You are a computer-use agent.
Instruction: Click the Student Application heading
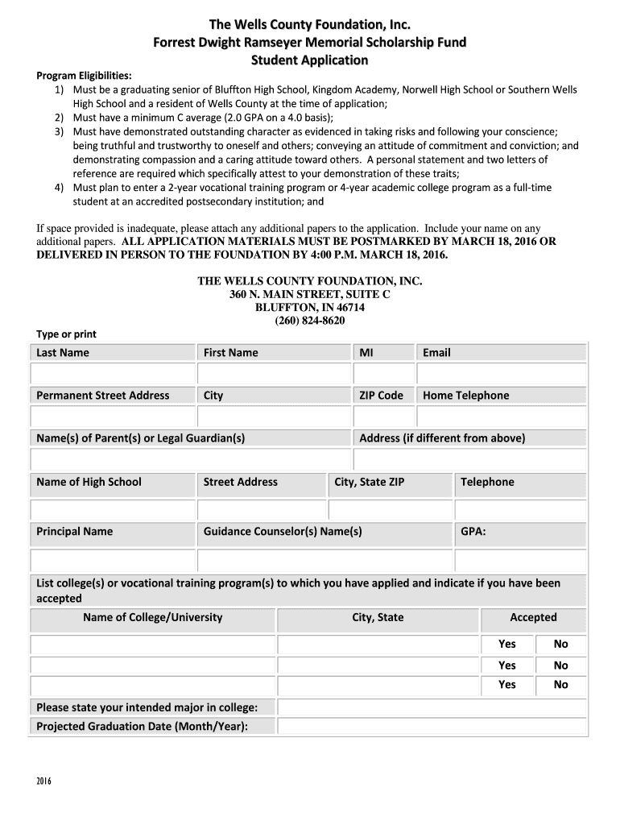[310, 60]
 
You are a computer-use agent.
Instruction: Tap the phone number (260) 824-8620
[310, 320]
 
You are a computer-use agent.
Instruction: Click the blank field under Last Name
[113, 375]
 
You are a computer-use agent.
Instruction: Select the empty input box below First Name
[275, 375]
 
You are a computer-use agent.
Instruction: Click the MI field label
[366, 353]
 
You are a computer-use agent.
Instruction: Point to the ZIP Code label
[381, 396]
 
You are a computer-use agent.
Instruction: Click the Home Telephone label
[466, 396]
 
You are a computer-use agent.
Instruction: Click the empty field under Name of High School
[113, 510]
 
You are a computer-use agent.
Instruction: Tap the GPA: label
[473, 532]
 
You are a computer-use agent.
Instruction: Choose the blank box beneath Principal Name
[113, 560]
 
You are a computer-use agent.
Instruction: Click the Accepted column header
[533, 618]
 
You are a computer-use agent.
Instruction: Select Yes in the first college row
[507, 645]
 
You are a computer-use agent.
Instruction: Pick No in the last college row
[561, 685]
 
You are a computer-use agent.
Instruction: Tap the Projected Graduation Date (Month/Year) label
[142, 727]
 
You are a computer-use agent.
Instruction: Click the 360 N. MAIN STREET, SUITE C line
[310, 294]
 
